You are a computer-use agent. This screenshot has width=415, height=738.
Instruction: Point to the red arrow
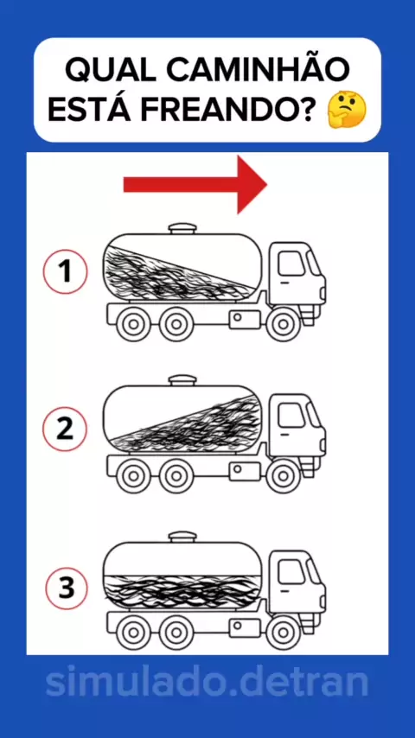tap(195, 185)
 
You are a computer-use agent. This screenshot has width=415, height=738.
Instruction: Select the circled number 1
tap(65, 272)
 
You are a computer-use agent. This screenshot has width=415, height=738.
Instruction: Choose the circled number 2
tap(65, 429)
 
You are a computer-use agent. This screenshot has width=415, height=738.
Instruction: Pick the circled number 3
tap(67, 588)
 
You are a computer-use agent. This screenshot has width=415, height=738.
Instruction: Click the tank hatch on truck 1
tap(182, 228)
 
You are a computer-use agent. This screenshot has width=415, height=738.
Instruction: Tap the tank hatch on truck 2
tap(182, 380)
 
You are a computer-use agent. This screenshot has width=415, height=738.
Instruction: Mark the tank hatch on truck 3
tap(182, 537)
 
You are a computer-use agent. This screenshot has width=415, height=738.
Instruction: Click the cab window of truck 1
tap(291, 263)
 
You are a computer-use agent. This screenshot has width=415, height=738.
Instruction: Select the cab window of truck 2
tap(291, 415)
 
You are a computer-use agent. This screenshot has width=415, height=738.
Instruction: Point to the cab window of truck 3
tap(291, 572)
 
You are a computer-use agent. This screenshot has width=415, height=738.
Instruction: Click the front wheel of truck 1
tap(283, 324)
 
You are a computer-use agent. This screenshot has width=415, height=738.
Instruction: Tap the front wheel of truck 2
tap(283, 476)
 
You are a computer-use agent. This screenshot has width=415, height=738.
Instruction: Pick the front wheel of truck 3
tap(283, 633)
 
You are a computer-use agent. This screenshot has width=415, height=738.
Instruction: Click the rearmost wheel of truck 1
tap(134, 324)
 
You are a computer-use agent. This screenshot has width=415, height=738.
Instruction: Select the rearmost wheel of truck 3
tap(134, 633)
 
